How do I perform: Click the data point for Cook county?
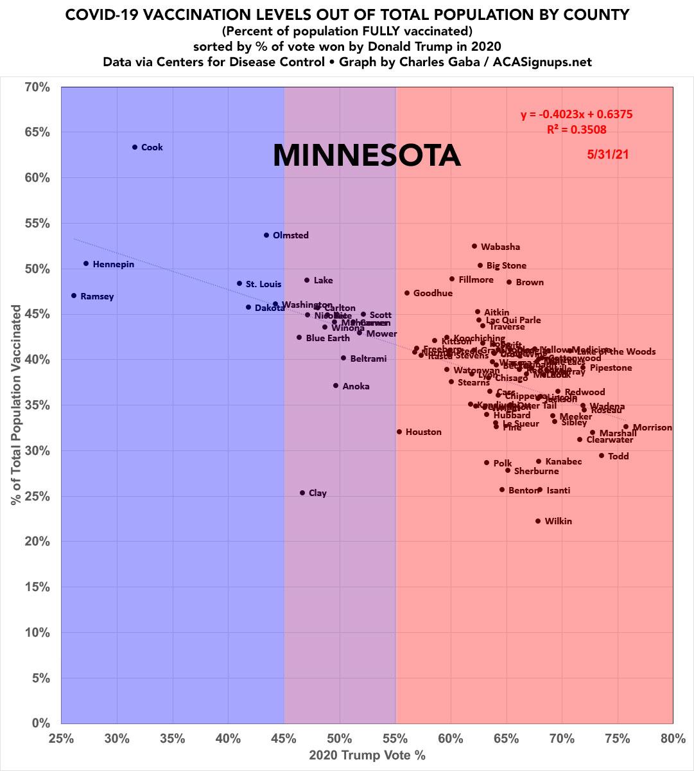tap(135, 147)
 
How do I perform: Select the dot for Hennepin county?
tap(86, 263)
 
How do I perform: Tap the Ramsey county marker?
tap(74, 296)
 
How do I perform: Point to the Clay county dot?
tap(302, 493)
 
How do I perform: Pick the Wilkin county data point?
tap(538, 521)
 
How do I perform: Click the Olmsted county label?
tap(290, 235)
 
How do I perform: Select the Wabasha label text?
tap(500, 247)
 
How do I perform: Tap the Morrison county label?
tap(652, 427)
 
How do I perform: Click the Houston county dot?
tap(399, 432)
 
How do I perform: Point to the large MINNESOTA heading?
tap(367, 155)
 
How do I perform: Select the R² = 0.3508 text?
tap(577, 129)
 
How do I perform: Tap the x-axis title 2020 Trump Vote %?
tap(367, 755)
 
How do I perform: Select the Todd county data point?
tap(602, 456)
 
